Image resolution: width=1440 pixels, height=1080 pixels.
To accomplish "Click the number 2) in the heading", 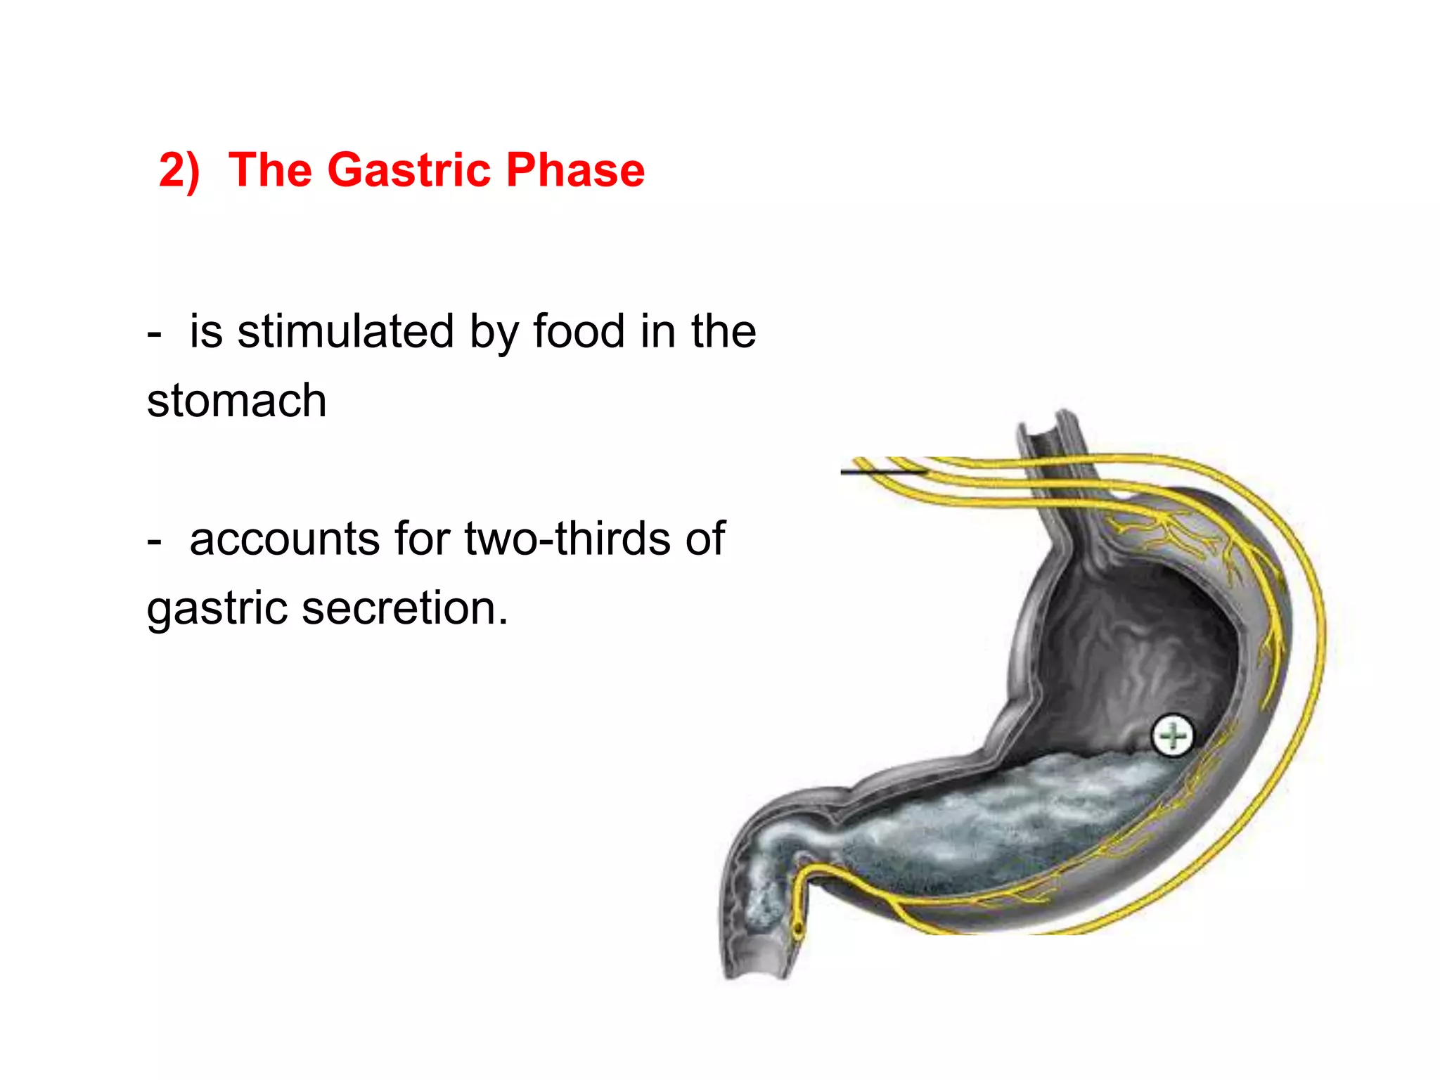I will (x=179, y=171).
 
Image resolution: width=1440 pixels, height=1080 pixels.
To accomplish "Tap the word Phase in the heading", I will (x=574, y=171).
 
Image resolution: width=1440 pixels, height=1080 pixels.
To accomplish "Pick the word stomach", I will (x=236, y=401).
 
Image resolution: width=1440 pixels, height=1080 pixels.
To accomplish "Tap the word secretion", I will (x=404, y=608).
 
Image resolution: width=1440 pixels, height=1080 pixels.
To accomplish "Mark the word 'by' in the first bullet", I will (x=492, y=333).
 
